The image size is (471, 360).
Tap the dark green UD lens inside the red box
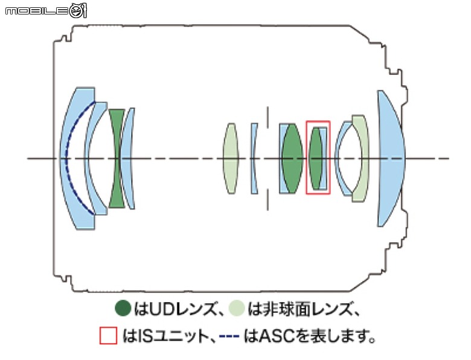[x=315, y=158]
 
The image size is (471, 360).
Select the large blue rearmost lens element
[x=391, y=158]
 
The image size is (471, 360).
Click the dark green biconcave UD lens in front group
[x=117, y=158]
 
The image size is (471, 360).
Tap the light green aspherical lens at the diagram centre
[x=231, y=158]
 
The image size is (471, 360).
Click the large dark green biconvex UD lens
[x=293, y=158]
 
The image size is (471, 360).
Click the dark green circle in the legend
[x=123, y=308]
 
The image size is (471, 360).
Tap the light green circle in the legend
[x=236, y=308]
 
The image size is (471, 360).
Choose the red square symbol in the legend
[x=108, y=336]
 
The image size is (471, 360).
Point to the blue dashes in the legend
[x=229, y=336]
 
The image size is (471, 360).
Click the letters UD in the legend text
[x=162, y=309]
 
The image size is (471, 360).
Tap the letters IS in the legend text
[x=146, y=336]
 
